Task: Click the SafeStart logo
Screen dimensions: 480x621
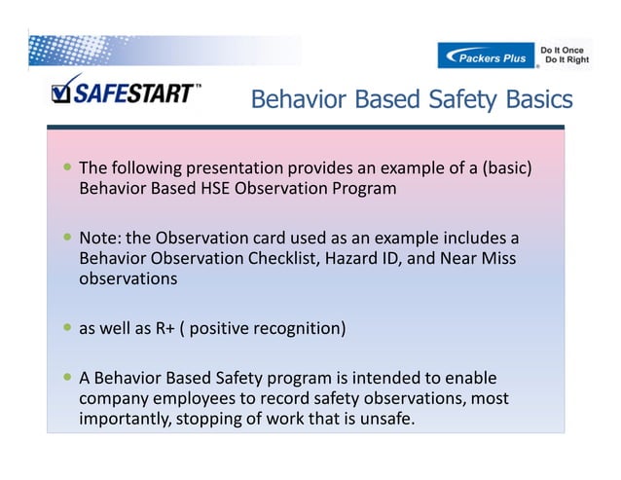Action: [126, 93]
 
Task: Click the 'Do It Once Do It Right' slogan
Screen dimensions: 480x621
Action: [564, 55]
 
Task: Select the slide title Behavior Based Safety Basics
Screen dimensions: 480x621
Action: [412, 99]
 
